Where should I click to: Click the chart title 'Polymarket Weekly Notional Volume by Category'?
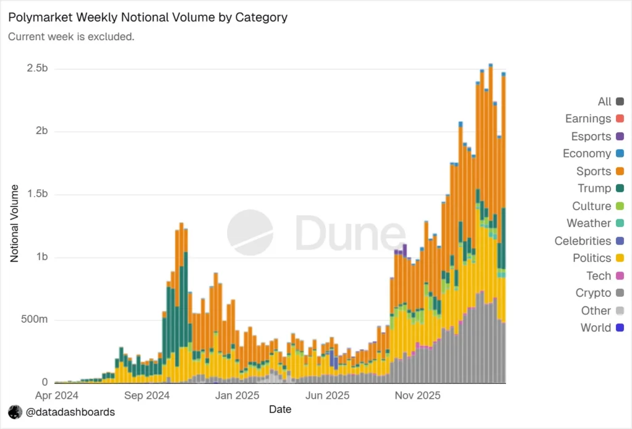[x=148, y=17]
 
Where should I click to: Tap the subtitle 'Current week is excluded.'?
[x=72, y=36]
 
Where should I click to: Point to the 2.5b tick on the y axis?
[x=38, y=68]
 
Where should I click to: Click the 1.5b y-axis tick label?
[x=38, y=194]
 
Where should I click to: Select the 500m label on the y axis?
[x=35, y=319]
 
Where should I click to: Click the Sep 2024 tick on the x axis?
[x=147, y=396]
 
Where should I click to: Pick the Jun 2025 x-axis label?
[x=327, y=396]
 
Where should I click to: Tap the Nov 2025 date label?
[x=418, y=396]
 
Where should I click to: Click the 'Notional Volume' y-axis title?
[x=15, y=223]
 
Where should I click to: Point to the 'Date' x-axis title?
[x=280, y=410]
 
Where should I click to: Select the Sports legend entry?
[x=600, y=172]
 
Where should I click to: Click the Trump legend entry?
[x=601, y=188]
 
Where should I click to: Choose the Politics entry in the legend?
[x=598, y=258]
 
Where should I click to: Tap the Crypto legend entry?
[x=600, y=293]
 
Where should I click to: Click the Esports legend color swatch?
[x=620, y=136]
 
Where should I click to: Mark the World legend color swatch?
[x=620, y=328]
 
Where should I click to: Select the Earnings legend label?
[x=588, y=119]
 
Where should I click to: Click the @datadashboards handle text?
[x=70, y=412]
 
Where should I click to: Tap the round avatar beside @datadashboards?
[x=15, y=412]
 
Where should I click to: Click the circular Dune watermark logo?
[x=251, y=232]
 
